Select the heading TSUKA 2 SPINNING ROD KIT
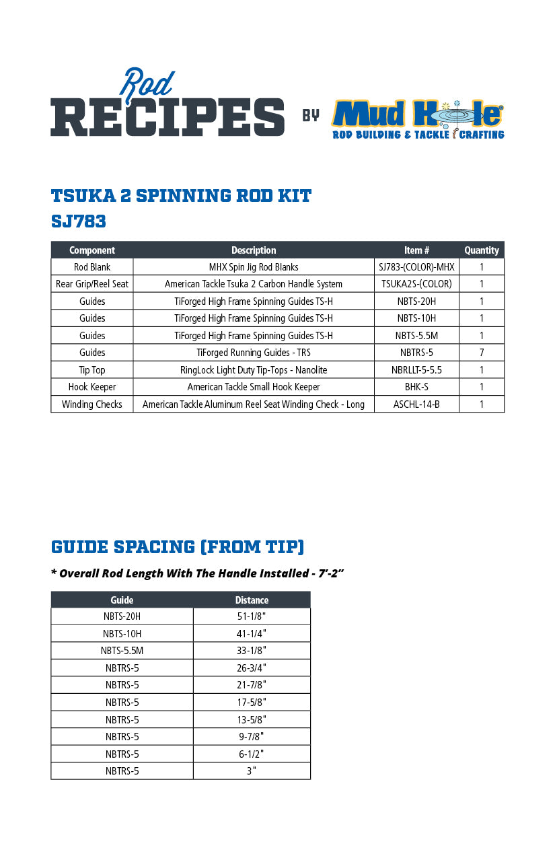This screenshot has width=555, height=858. pos(181,196)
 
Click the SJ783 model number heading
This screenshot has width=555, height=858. pos(78,221)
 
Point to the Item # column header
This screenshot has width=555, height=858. pos(416,250)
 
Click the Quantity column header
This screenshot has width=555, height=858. pos(482,250)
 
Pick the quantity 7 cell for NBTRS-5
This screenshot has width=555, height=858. pos(482,353)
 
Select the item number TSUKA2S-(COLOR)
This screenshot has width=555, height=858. pos(416,284)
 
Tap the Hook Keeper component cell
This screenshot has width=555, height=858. pos(92,387)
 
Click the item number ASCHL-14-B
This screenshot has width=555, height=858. pos(416,404)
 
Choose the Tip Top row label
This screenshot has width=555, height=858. pos(92,370)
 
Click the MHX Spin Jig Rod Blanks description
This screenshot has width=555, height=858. pos(254,267)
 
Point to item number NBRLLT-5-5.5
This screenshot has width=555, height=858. pos(416,370)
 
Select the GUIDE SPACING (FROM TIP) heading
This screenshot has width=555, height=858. pos(178,547)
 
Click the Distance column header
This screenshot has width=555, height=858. pos(252,600)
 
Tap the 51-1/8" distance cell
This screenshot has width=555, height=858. pos(252,616)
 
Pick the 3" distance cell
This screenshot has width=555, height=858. pos(252,771)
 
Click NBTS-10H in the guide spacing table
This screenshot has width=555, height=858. pos(122,634)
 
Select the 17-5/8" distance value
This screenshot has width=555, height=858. pos(252,703)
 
